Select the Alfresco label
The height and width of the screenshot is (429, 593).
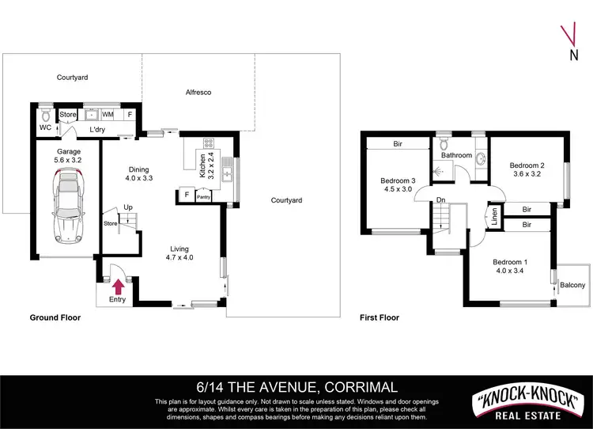(198, 93)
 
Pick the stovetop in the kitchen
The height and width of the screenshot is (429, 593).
(210, 144)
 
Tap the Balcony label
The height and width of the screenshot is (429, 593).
(572, 285)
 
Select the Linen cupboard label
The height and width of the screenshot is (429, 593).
(494, 216)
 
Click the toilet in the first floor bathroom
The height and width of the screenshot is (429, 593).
(444, 143)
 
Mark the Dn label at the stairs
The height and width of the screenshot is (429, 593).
(440, 199)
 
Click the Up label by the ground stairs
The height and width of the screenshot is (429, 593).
(127, 207)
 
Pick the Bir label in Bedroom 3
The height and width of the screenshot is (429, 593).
(398, 144)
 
